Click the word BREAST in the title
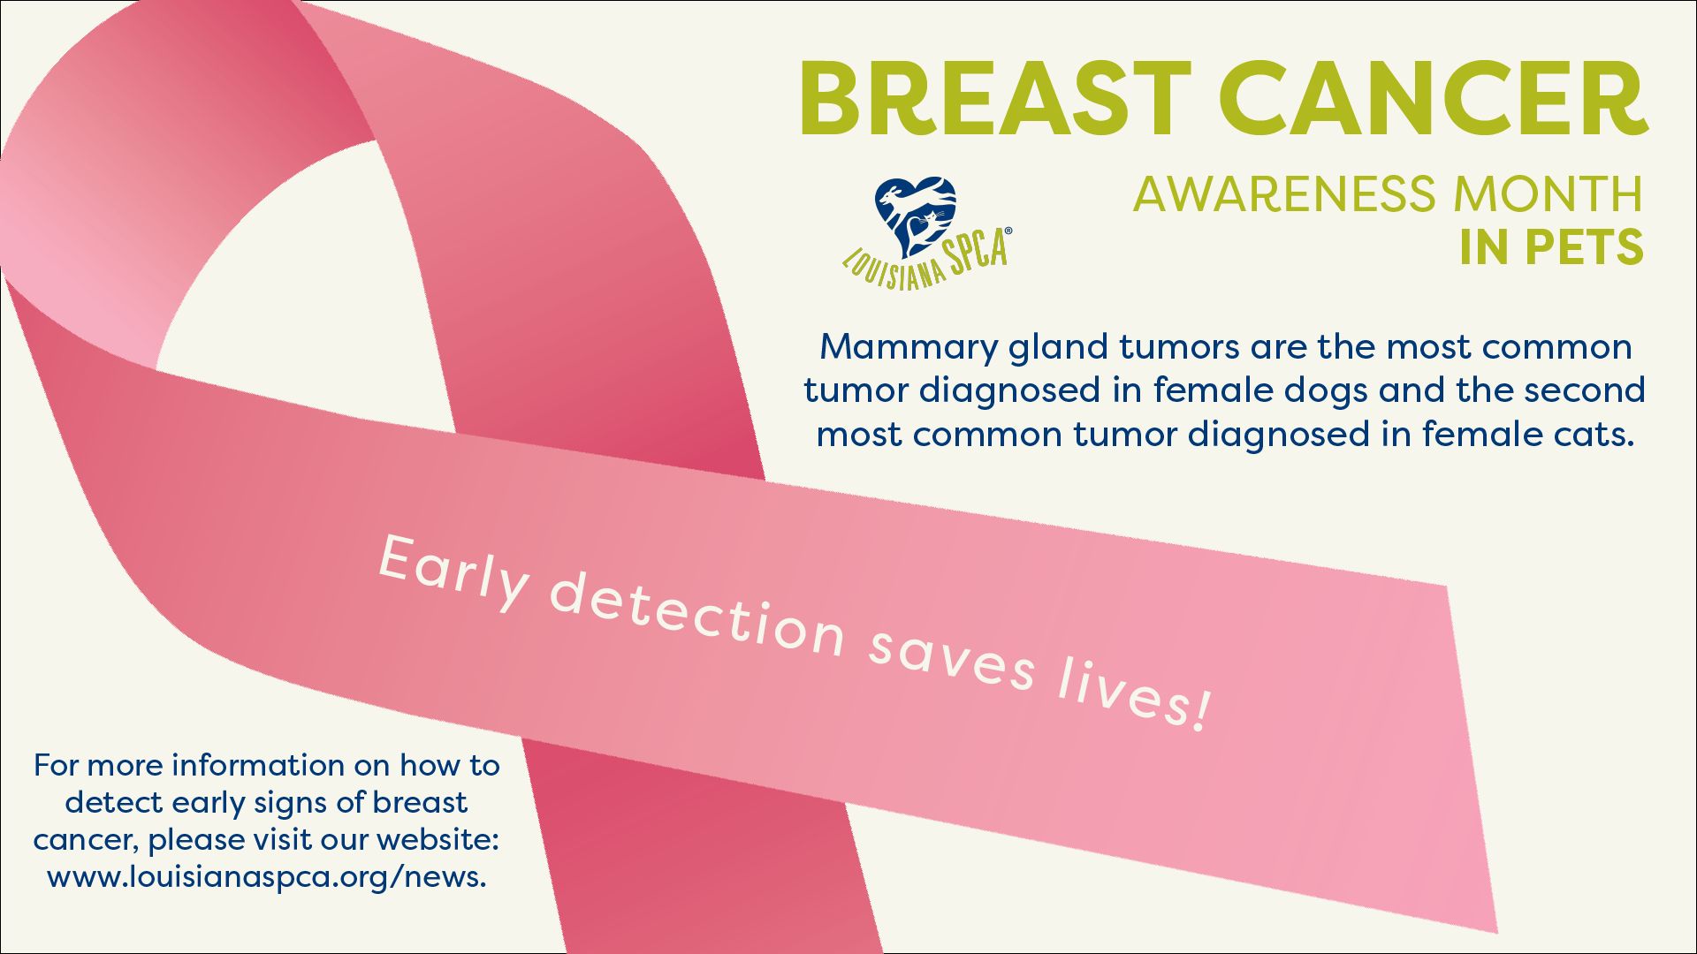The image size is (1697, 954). (995, 99)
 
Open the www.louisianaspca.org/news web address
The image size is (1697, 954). (267, 877)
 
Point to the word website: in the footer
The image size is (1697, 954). (438, 839)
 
